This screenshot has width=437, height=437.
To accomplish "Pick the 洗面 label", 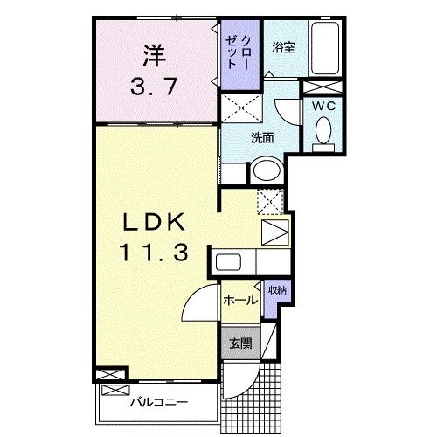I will (262, 137).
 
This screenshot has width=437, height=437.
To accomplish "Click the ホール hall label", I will (240, 300).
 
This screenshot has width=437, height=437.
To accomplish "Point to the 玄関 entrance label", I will (240, 343).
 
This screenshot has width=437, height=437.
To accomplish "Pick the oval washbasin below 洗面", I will (267, 170).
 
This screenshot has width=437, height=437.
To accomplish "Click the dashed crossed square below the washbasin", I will (271, 200).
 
